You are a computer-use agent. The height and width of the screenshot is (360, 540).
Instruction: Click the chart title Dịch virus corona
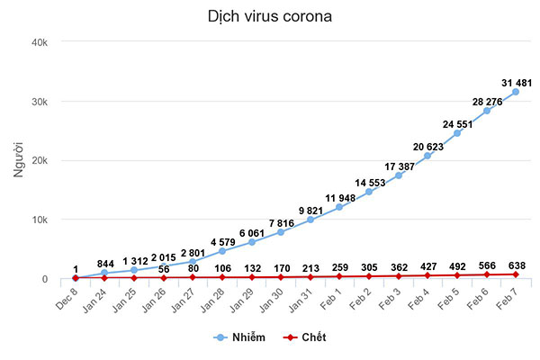268,17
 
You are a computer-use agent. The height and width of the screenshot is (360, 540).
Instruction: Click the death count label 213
310,267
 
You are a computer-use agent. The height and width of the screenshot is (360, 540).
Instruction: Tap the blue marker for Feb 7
516,92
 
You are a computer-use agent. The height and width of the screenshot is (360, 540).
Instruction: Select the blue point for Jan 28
222,251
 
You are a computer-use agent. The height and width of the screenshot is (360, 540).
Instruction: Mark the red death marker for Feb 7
516,274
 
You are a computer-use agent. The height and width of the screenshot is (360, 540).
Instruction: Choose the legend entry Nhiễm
237,337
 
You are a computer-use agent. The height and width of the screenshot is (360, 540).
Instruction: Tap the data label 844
105,264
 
